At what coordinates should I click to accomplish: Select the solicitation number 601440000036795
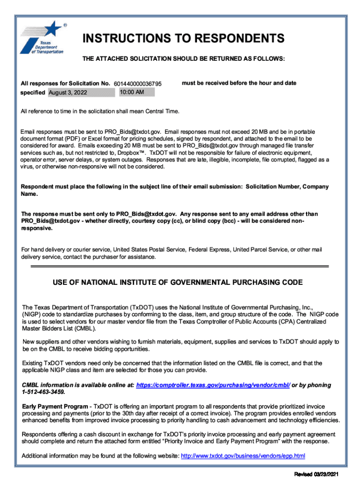coord(138,84)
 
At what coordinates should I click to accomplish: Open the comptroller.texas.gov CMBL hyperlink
coord(213,385)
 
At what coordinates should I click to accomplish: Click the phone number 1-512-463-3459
coord(44,392)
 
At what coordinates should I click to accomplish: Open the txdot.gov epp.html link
coord(243,456)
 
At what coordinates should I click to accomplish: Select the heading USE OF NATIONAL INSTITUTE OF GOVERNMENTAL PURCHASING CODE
coord(178,283)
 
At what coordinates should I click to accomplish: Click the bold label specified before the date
coord(33,93)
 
